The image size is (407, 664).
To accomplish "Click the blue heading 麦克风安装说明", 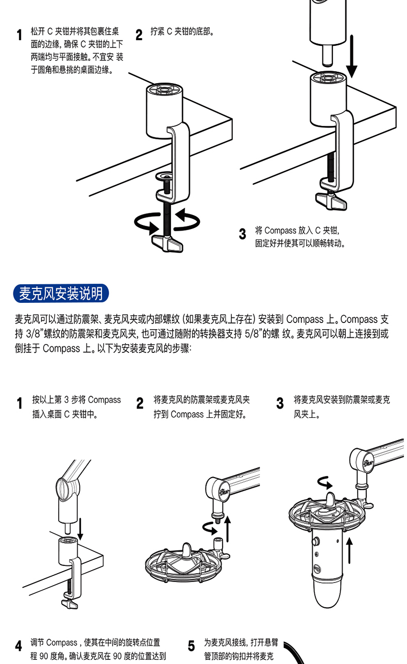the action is [61, 294].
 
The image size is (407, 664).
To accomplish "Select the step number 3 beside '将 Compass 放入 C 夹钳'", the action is [242, 234].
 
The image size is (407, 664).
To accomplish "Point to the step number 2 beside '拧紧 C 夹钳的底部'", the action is [139, 35].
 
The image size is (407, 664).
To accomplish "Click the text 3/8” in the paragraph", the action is [35, 333].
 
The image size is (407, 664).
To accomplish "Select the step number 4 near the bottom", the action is [19, 645].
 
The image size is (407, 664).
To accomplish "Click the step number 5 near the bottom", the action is [191, 645].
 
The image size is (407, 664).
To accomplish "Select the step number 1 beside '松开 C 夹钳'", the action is [19, 35].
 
